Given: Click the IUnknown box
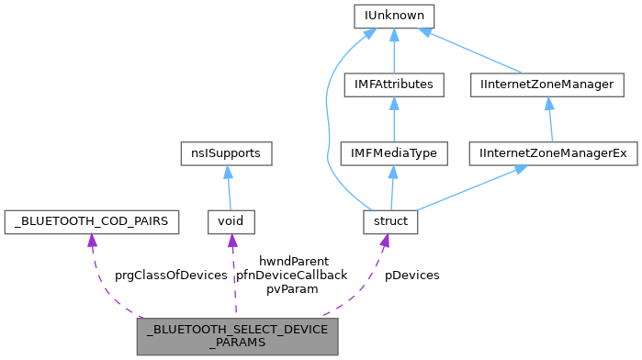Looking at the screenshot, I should tap(394, 16).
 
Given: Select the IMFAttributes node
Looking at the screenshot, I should tap(393, 84).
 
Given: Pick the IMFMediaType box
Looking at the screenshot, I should tap(393, 153).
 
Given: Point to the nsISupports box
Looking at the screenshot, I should tap(226, 153).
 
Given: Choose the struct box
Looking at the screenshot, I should tap(391, 221).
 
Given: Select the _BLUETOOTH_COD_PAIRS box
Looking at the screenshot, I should tap(91, 221).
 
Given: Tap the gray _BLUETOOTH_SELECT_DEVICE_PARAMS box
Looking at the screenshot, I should tap(237, 336).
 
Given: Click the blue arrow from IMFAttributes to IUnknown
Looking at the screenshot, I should tap(393, 51).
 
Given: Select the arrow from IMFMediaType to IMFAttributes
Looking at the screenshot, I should tap(393, 119).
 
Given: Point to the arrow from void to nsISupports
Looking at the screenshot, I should tap(228, 188).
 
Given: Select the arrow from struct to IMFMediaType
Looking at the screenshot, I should tap(392, 188).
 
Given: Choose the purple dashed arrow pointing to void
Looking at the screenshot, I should tap(233, 276).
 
